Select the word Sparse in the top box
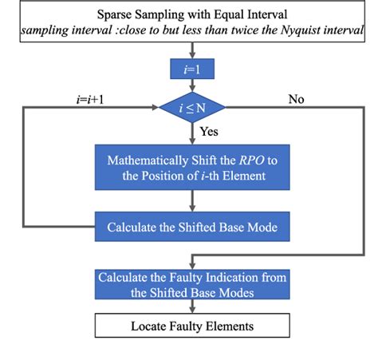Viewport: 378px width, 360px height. point(116,14)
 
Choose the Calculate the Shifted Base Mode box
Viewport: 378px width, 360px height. point(191,227)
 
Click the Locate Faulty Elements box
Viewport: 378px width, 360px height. point(191,326)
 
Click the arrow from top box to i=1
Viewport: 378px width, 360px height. point(191,50)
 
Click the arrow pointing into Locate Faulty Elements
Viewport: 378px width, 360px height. point(191,307)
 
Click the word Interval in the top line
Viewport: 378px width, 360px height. point(262,14)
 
